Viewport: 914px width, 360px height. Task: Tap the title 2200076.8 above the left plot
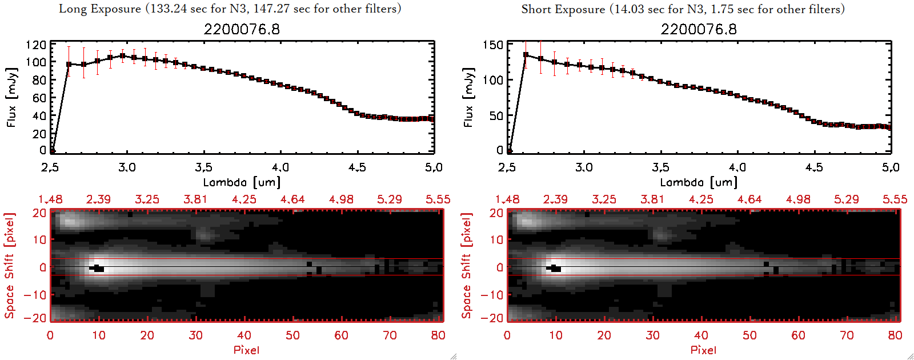tap(242, 29)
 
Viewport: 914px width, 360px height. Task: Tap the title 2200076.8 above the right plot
tap(699, 29)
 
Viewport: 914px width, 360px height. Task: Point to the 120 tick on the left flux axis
tap(36, 45)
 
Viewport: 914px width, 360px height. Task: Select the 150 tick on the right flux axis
tap(493, 45)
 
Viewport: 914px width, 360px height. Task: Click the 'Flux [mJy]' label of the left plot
tap(12, 97)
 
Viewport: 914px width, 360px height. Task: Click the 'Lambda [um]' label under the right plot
tap(699, 182)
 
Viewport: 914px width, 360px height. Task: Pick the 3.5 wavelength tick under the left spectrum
tap(204, 167)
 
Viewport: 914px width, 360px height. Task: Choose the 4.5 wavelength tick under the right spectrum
tap(814, 167)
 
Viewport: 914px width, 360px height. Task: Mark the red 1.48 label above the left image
tap(50, 199)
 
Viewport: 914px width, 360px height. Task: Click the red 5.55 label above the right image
tap(895, 199)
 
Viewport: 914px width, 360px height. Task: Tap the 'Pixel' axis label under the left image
tap(246, 350)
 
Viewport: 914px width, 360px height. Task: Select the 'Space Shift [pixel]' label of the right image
tap(467, 266)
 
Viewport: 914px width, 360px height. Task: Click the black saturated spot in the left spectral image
tap(98, 268)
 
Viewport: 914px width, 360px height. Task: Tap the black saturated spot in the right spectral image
tap(555, 268)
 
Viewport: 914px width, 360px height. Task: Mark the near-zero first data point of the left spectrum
tap(52, 151)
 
